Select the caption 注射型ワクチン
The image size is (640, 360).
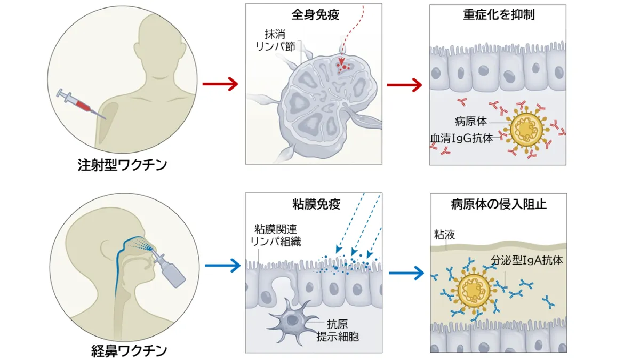123,164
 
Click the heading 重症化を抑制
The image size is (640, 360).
498,14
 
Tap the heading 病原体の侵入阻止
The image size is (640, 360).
499,204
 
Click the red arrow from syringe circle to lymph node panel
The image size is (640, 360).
219,84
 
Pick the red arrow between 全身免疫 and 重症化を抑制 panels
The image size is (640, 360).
404,84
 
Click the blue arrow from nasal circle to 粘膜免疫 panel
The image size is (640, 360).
219,265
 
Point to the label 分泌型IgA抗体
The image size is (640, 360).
527,261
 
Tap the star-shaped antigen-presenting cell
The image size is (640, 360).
292,320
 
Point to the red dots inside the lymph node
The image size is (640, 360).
345,67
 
